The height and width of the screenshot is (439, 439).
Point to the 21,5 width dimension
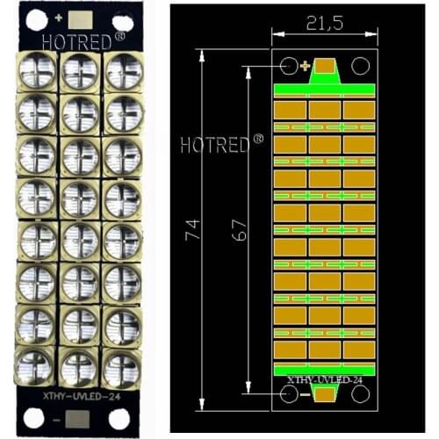pos(324,24)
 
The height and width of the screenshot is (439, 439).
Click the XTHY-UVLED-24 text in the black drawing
pos(324,380)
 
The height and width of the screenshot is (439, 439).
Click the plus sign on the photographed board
pos(59,18)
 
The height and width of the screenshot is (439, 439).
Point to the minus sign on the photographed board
pos(57,421)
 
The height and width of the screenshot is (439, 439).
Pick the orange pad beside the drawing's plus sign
pos(325,66)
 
